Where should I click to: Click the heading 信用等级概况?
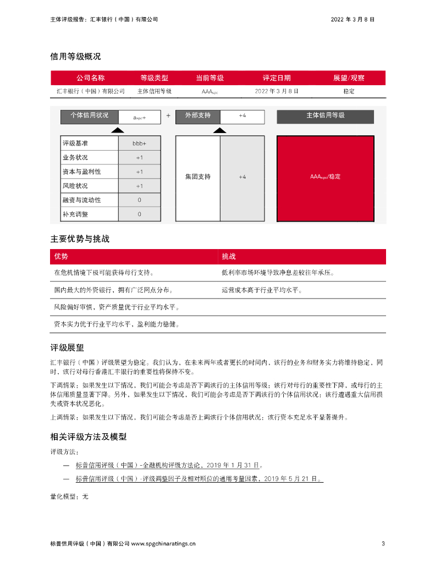pos(75,57)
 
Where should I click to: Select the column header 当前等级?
pos(210,78)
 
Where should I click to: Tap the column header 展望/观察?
pos(349,78)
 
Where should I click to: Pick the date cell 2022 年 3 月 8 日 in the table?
pos(277,91)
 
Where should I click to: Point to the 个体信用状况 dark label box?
pos(89,116)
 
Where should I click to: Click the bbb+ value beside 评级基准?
pos(139,143)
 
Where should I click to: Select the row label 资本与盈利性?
pos(82,172)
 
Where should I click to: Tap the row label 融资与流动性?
pos(82,200)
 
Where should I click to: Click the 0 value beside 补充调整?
pos(139,214)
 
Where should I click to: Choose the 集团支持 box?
pos(197,177)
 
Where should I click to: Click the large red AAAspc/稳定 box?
pos(325,177)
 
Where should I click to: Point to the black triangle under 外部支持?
pos(219,130)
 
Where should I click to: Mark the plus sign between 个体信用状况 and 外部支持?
pos(168,116)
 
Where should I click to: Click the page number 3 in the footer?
pos(383,544)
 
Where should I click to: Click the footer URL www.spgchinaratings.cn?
pos(163,544)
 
